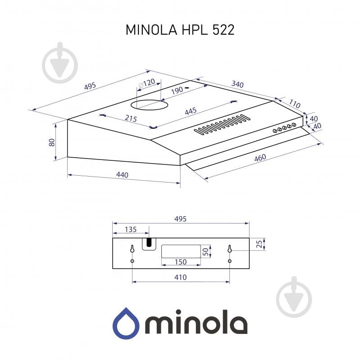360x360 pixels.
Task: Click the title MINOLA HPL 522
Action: (x=180, y=30)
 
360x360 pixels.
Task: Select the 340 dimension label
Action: (x=238, y=84)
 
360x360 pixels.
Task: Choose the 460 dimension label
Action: (x=260, y=158)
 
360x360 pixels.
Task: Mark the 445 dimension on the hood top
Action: (x=191, y=111)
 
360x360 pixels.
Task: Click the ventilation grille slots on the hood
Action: (x=222, y=125)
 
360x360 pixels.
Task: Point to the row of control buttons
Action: (x=284, y=128)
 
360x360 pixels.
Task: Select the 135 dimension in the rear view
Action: (x=130, y=230)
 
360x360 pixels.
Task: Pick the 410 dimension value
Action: (x=180, y=278)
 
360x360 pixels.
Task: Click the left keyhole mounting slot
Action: (x=132, y=249)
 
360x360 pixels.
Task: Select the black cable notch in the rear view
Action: (x=147, y=243)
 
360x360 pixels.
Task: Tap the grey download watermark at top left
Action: (x=60, y=63)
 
